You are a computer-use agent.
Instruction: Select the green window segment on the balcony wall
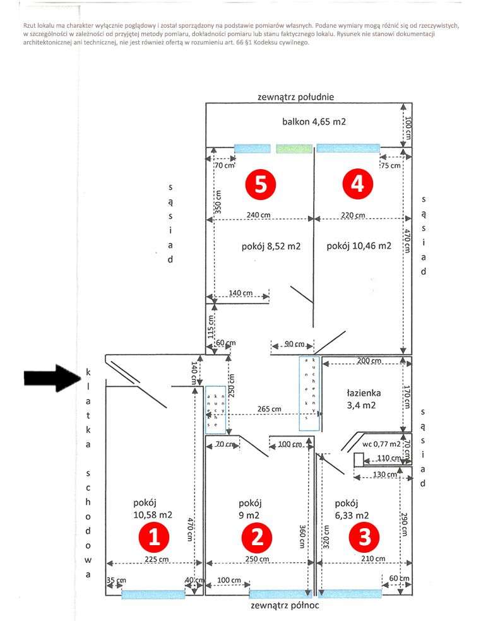(294, 149)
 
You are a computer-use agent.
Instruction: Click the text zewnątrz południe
(295, 97)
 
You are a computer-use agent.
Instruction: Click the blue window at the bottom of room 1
(153, 593)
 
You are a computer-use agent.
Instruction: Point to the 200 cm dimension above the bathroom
(369, 361)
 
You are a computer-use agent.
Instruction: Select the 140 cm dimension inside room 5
(240, 293)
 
